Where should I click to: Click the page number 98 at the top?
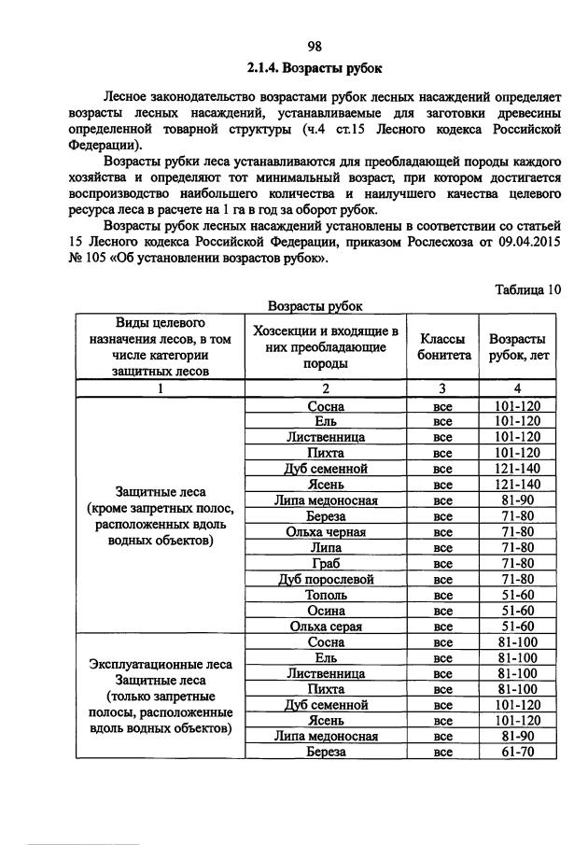point(315,47)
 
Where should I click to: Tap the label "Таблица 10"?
point(527,289)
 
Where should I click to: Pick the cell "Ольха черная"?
point(326,531)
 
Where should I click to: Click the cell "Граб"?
point(326,563)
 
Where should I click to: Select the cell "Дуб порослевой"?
point(326,579)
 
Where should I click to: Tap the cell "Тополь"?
point(326,595)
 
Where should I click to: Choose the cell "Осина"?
point(326,610)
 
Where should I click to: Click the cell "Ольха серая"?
point(326,626)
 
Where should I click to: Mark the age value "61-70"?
point(512,751)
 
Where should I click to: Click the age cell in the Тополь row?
point(512,595)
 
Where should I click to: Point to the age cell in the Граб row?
point(512,563)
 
